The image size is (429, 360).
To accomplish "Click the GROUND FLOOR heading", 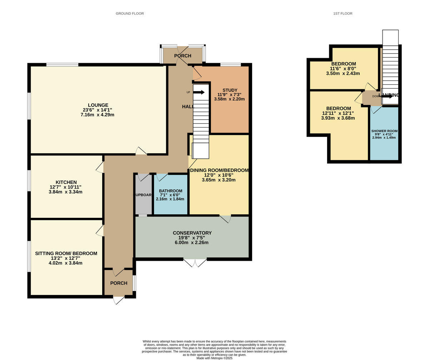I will [130, 14].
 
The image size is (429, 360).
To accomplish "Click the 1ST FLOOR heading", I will [342, 14].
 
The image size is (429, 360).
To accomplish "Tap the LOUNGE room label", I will [98, 105].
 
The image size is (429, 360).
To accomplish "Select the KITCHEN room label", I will [66, 182].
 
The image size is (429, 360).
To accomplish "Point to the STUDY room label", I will [230, 90].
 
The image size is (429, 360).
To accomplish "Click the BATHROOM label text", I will [170, 191].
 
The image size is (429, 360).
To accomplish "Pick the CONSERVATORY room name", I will [192, 233].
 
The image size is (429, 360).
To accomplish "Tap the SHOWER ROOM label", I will [384, 131].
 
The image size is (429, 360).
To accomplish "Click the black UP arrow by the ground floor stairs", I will [199, 92].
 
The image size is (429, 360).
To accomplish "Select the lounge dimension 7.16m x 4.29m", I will [98, 115].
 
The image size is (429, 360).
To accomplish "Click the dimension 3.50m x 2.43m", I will [343, 73].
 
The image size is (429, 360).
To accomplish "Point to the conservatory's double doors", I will [195, 262].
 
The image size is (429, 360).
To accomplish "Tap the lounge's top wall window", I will [62, 65].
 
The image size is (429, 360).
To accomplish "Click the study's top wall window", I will [230, 65].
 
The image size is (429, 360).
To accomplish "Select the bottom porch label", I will [119, 283].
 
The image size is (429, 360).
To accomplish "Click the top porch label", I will [183, 56].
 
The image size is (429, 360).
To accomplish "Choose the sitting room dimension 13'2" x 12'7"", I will [66, 258].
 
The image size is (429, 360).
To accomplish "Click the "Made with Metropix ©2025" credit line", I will [214, 358].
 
